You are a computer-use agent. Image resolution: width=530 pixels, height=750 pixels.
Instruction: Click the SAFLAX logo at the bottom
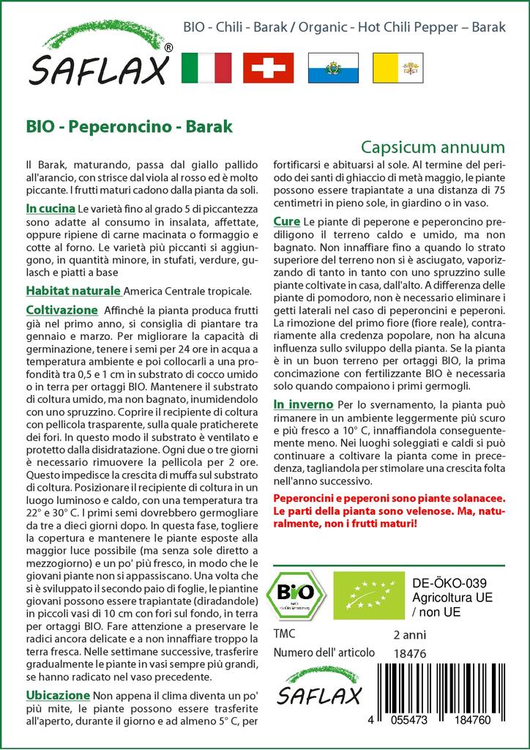pos(320,686)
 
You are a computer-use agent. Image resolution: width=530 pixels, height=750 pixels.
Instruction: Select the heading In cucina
pos(49,210)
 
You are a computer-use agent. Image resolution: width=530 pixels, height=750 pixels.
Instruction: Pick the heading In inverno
pos(303,404)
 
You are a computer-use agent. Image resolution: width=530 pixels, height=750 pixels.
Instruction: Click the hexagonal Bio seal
pos(296,594)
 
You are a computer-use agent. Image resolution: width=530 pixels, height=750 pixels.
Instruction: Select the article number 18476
pos(409,653)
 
